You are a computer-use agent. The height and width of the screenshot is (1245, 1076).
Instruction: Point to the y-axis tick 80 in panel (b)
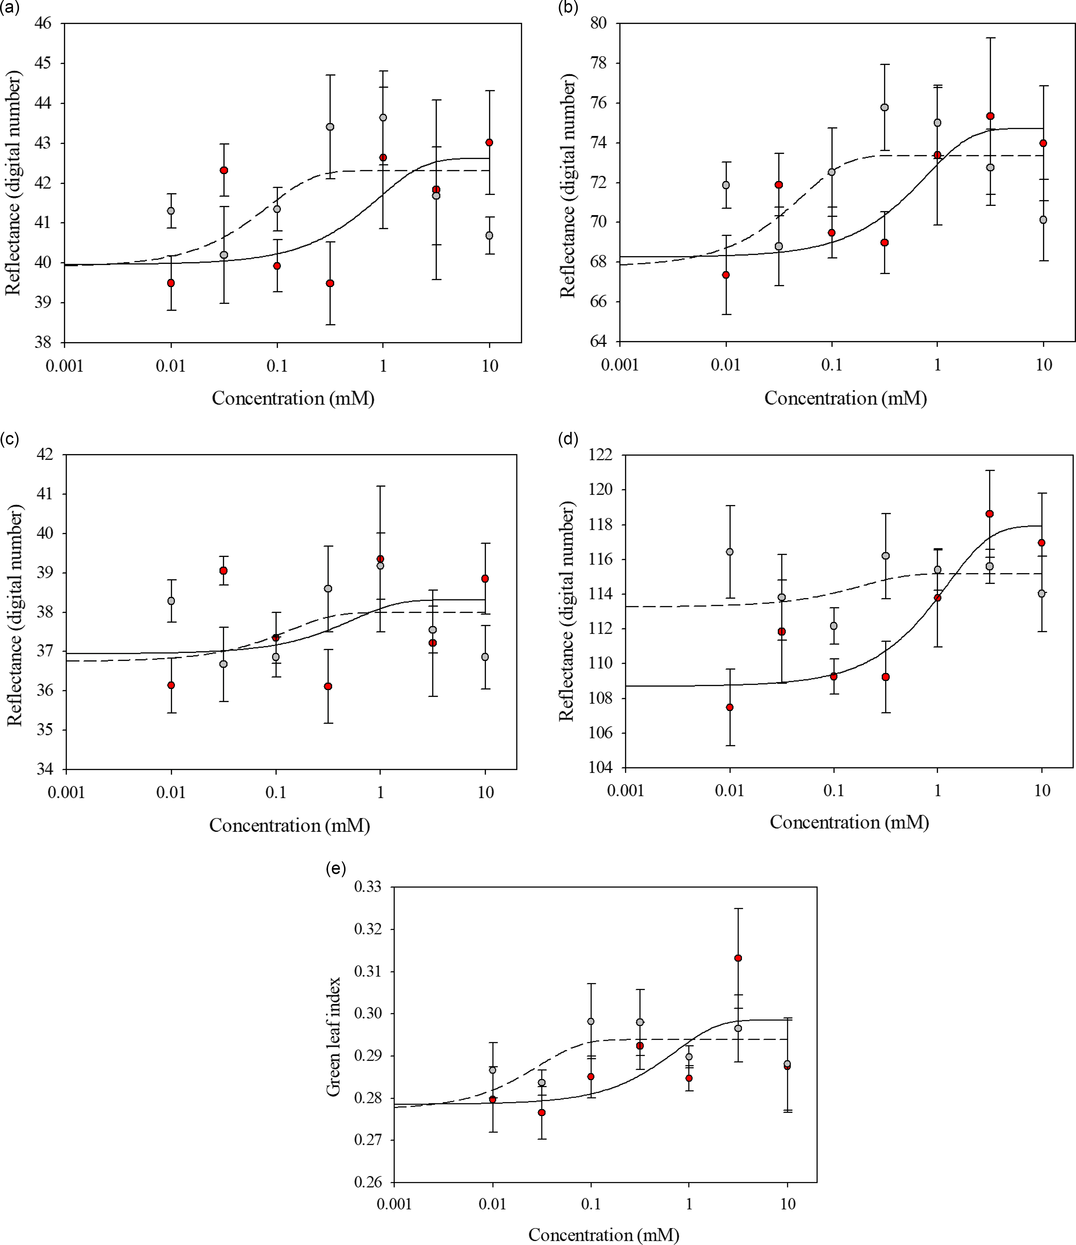coord(598,23)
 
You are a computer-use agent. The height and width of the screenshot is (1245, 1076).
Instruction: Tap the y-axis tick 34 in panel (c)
coord(45,769)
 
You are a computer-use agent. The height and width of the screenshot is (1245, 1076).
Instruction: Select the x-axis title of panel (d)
coord(849,822)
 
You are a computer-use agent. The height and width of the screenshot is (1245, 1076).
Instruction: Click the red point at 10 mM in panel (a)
coord(489,142)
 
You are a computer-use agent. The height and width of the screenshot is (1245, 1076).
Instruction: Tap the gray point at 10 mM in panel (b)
coord(1043,220)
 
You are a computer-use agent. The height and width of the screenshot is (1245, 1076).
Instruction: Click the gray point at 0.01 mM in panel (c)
coord(171,601)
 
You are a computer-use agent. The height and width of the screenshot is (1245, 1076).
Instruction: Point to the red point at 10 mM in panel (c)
coord(485,579)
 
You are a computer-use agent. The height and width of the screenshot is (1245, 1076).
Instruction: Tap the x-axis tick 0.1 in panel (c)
coord(276,793)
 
